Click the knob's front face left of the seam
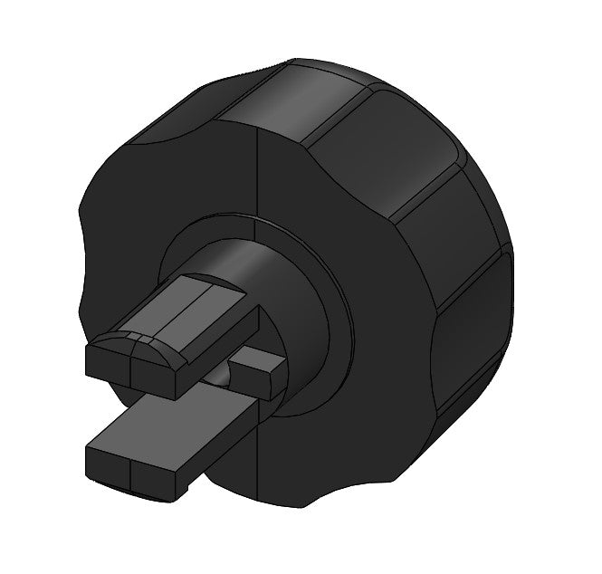tap(172, 199)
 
